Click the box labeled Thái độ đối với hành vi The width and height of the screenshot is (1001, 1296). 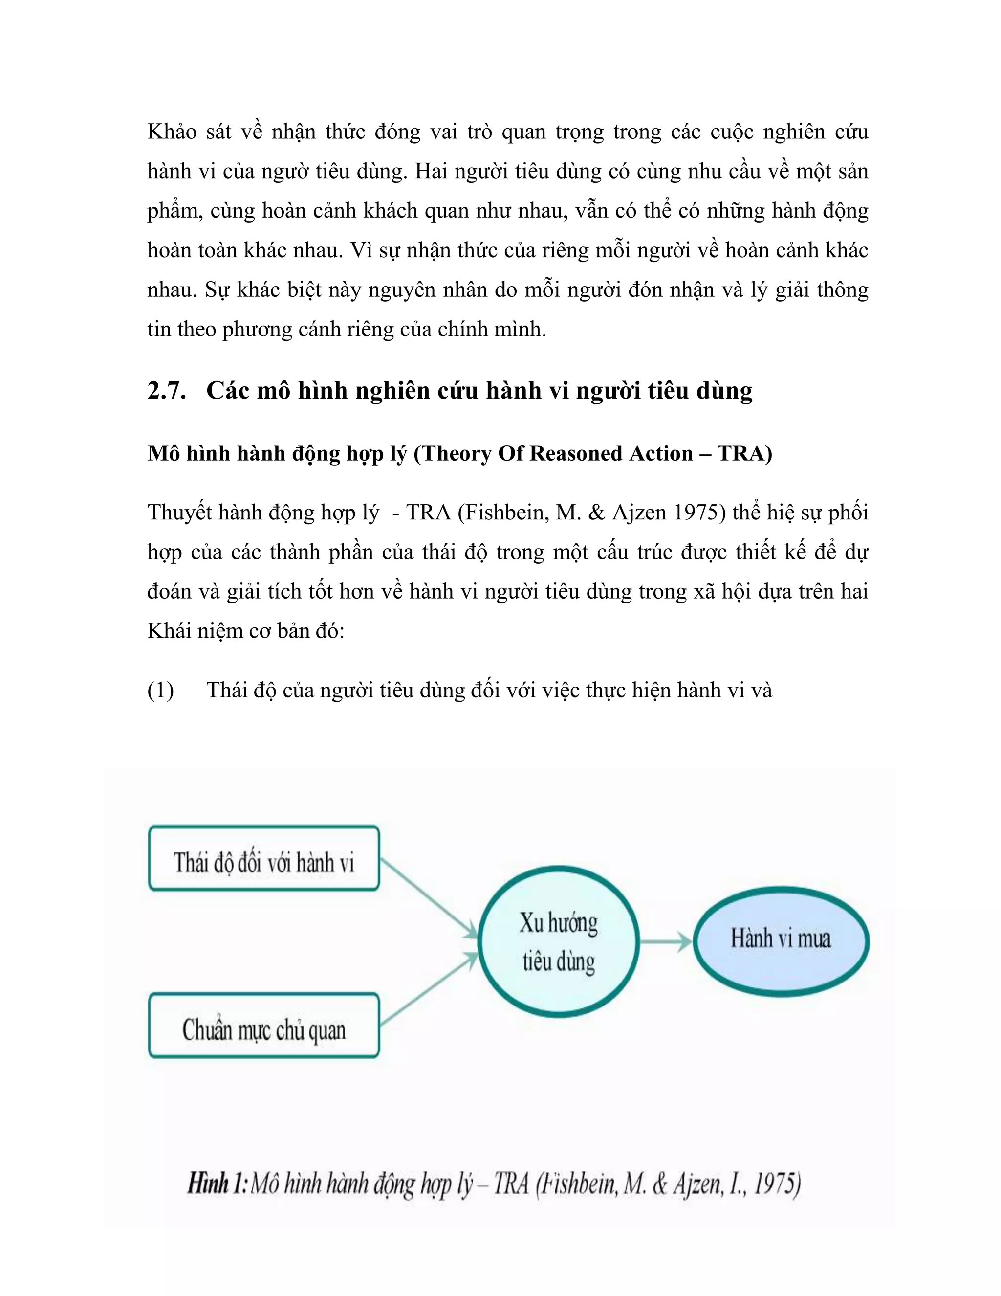tap(264, 858)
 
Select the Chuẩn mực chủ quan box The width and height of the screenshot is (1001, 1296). tap(264, 1026)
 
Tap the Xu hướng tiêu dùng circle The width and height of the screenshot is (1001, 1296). tap(559, 942)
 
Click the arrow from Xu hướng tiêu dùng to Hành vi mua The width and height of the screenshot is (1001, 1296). tap(665, 942)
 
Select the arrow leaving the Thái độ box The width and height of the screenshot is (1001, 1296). tap(428, 898)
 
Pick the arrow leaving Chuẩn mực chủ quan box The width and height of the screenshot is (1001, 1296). tap(428, 988)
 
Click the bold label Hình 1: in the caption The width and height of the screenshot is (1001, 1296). tap(217, 1184)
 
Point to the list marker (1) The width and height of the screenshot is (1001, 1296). tap(160, 690)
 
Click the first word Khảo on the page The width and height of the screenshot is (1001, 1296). tap(172, 132)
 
